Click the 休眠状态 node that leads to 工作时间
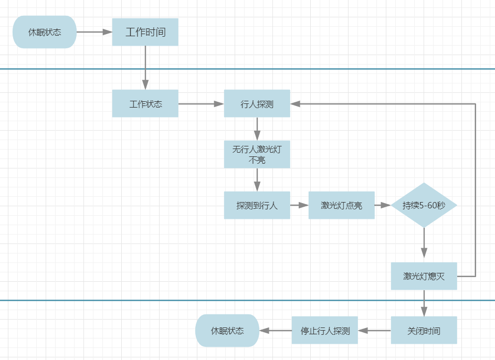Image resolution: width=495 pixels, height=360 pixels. (x=45, y=32)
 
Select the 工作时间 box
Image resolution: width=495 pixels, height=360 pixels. (x=145, y=32)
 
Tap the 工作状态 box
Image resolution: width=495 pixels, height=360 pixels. (x=145, y=103)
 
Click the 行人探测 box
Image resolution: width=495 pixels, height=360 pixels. (x=257, y=103)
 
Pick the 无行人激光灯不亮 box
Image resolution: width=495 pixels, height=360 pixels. (x=257, y=154)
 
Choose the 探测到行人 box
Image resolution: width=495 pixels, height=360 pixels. (x=257, y=205)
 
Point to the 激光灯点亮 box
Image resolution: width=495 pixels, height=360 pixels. (x=341, y=205)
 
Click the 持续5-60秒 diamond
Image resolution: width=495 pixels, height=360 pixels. (x=424, y=205)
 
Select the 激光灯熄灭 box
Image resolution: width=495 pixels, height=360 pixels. (x=424, y=276)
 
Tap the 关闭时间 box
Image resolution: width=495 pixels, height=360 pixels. (x=424, y=331)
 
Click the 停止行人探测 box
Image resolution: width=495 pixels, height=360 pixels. (x=325, y=331)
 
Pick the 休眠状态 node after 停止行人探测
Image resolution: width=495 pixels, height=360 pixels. (x=227, y=331)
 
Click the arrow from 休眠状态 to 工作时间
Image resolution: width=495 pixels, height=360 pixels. (x=94, y=32)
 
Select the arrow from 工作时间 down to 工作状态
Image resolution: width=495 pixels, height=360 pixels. (x=145, y=68)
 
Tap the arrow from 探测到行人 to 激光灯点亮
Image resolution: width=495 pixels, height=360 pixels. (x=299, y=205)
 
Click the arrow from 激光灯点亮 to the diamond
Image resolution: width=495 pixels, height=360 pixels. (x=383, y=205)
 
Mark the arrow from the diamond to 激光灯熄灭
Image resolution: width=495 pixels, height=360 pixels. (x=424, y=245)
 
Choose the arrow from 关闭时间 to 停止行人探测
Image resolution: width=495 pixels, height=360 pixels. (x=374, y=331)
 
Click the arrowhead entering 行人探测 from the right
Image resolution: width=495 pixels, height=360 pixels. (x=296, y=104)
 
